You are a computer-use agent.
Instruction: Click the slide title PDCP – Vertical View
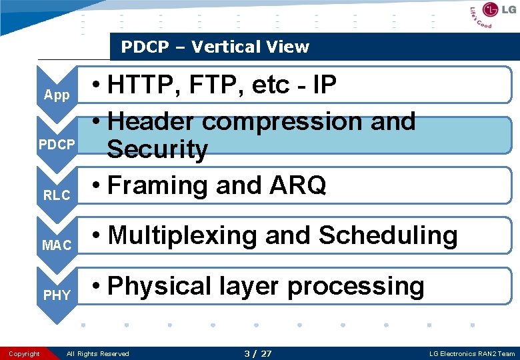click(x=215, y=47)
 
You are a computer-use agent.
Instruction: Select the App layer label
click(x=57, y=95)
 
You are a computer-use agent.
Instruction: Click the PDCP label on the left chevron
click(x=57, y=145)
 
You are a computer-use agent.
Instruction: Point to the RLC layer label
click(x=57, y=195)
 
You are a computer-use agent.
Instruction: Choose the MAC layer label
click(x=57, y=245)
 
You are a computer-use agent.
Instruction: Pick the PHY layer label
click(x=57, y=295)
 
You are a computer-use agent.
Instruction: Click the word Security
click(x=157, y=149)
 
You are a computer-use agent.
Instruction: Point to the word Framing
click(x=159, y=185)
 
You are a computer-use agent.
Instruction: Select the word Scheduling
click(x=388, y=235)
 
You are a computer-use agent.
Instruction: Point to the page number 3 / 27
click(x=258, y=353)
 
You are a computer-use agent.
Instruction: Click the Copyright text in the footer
click(x=25, y=353)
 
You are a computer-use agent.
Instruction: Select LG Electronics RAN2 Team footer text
click(x=473, y=353)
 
